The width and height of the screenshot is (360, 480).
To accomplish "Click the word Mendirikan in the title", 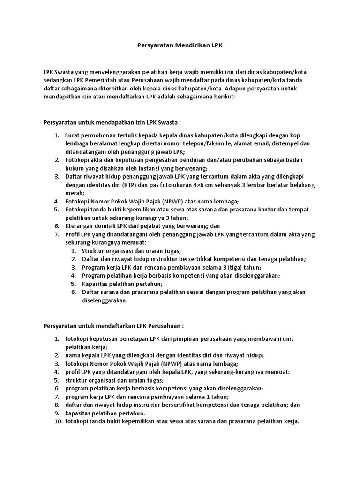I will (x=181, y=46).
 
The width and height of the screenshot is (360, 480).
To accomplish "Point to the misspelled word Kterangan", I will (x=81, y=225).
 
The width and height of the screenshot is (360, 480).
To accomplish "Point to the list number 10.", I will (x=58, y=421).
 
